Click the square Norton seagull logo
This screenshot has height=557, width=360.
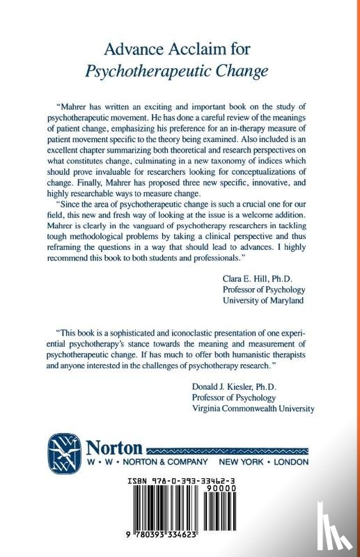pyautogui.click(x=64, y=452)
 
